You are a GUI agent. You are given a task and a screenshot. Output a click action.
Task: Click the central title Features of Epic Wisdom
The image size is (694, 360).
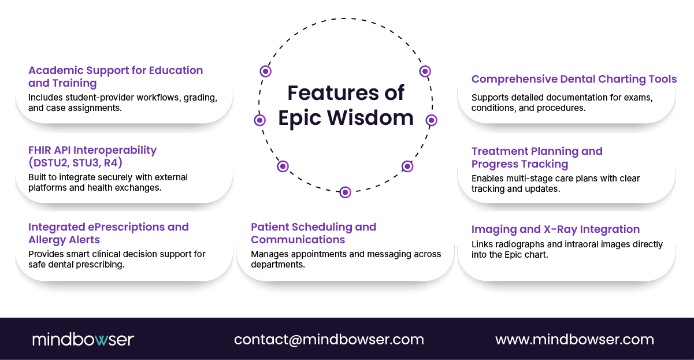[346, 105]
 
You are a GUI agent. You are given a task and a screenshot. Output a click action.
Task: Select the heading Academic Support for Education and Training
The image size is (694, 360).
[116, 76]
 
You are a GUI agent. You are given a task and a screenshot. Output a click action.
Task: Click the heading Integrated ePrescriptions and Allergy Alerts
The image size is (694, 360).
[109, 233]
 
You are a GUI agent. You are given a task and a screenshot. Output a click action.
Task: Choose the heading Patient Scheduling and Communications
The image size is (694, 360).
[313, 233]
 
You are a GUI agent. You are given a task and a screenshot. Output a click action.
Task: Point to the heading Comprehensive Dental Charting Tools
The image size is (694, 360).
[574, 79]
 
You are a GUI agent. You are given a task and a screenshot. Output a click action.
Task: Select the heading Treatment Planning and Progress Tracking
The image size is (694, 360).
[537, 157]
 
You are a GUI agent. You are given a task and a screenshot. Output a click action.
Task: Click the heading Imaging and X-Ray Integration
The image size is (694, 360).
[555, 229]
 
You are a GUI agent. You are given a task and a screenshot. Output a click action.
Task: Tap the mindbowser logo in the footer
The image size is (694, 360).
[83, 339]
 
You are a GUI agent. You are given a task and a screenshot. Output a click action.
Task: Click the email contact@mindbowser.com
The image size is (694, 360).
[329, 339]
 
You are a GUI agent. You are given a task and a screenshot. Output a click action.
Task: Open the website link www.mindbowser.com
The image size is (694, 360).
[574, 339]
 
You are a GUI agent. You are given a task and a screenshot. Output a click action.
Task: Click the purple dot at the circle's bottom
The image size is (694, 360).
[345, 192]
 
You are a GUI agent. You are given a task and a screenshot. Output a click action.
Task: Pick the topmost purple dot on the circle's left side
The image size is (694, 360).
[265, 71]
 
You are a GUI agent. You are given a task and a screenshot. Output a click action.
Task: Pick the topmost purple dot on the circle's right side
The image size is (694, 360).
[425, 71]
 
